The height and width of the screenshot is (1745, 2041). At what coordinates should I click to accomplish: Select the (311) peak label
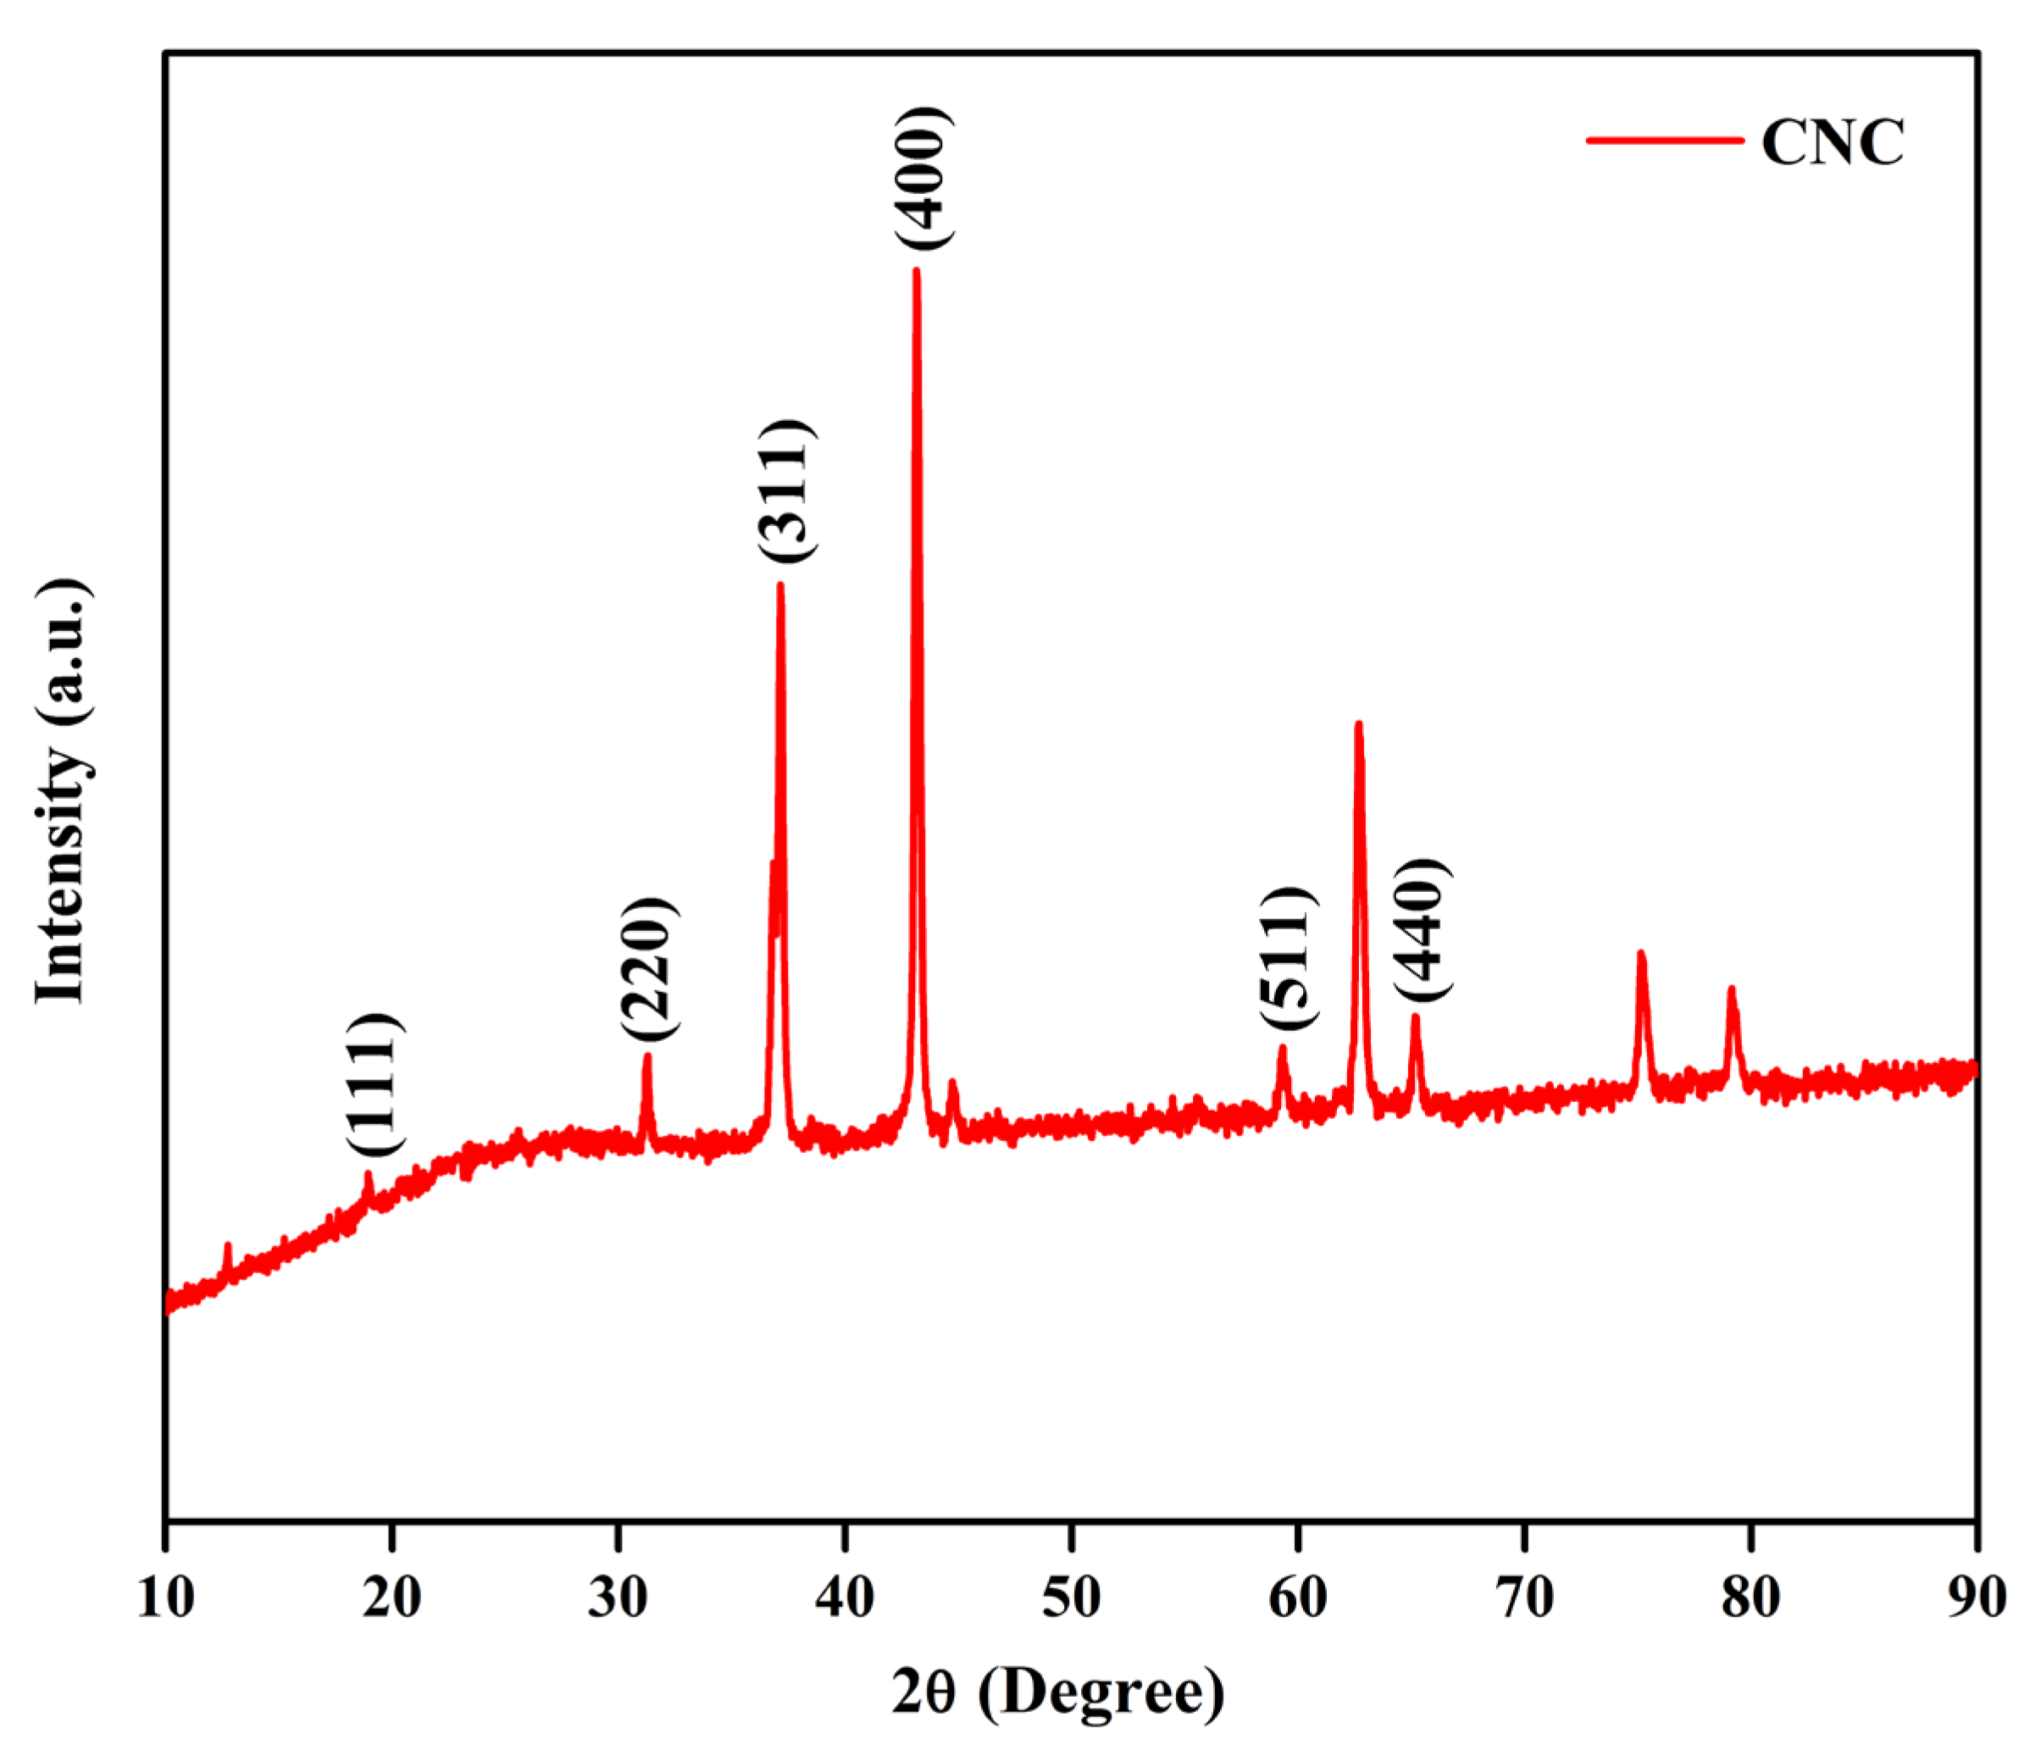(786, 490)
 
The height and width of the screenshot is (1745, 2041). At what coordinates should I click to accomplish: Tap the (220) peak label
(649, 968)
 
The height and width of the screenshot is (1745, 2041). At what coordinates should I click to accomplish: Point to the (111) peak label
(374, 1083)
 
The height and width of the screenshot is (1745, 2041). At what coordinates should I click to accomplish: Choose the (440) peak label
(1422, 931)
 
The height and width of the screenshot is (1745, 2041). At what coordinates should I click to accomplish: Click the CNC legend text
(1833, 143)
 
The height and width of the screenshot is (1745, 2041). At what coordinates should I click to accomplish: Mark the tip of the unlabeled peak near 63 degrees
(1358, 725)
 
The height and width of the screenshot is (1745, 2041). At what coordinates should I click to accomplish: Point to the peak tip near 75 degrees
(1640, 953)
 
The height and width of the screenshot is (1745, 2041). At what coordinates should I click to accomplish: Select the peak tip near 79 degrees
(1731, 989)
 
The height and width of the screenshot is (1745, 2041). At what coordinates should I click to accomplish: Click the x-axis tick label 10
(165, 1598)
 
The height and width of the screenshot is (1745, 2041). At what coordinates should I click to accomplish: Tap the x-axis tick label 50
(1071, 1598)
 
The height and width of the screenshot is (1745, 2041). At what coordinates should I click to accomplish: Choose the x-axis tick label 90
(1976, 1598)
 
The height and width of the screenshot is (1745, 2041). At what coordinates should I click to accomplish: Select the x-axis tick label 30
(618, 1598)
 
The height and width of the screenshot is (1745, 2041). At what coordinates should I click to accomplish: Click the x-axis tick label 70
(1524, 1598)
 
